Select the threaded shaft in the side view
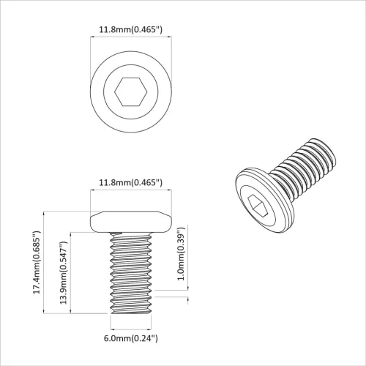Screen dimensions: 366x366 coord(131,271)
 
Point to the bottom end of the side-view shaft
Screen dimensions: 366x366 coord(131,311)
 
